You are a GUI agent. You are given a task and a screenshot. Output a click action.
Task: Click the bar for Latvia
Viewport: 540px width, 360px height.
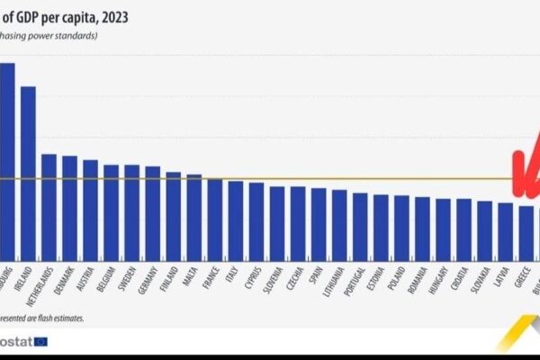pos(506,229)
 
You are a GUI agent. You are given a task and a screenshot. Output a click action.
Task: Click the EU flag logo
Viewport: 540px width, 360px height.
pos(40,341)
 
